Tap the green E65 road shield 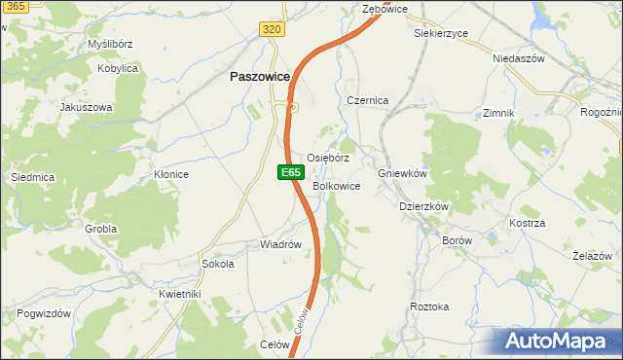point(289,172)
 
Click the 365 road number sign point(13,7)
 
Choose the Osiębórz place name point(328,158)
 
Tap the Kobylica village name point(118,69)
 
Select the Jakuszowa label point(87,107)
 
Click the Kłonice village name point(170,174)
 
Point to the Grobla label point(100,229)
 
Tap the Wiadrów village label point(280,244)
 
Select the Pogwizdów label point(44,313)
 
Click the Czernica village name point(368,100)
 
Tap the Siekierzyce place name point(440,33)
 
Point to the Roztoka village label point(429,306)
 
